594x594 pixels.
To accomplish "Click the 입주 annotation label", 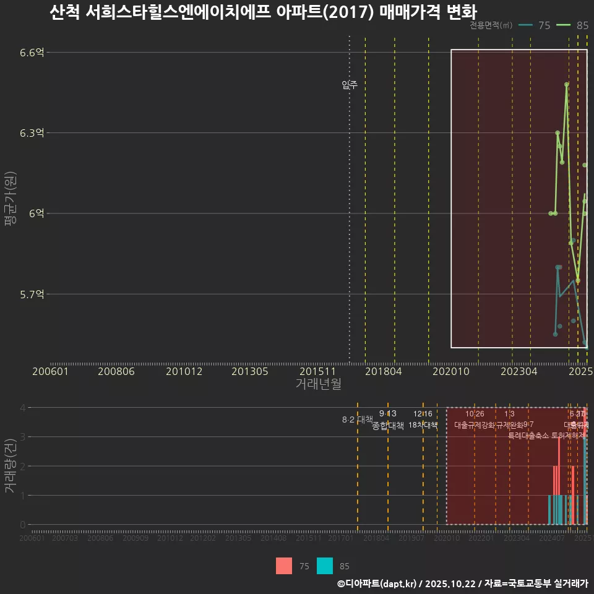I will coord(350,85).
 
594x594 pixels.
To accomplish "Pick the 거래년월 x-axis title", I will coord(318,384).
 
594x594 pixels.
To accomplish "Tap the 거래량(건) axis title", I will coord(11,466).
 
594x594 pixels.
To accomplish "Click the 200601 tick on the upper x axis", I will coord(50,371).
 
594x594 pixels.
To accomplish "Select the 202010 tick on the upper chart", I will coord(451,371).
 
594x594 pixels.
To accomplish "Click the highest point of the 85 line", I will coord(566,84).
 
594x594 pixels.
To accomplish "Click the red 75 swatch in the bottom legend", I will coord(284,566).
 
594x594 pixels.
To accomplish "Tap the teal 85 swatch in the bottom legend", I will coord(325,566).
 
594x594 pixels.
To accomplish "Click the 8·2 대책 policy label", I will coord(357,420).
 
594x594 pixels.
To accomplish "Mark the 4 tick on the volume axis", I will coord(23,408).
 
